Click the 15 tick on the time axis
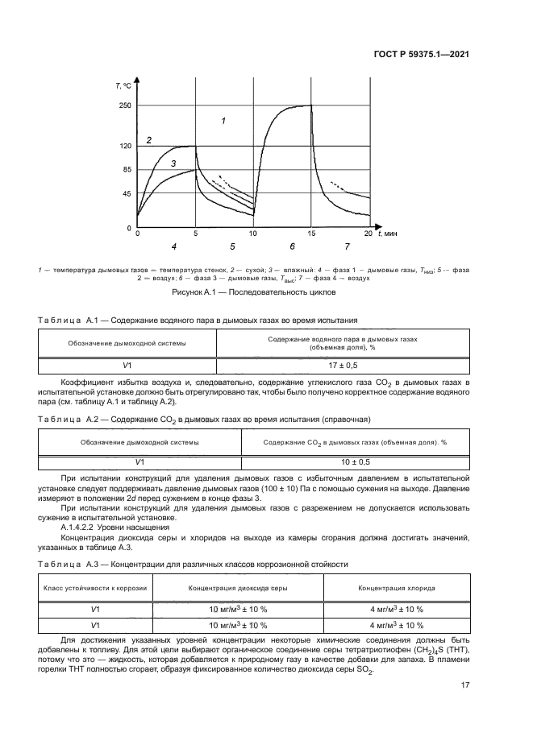[x=310, y=234]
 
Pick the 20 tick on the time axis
[x=369, y=234]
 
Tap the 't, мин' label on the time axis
[x=387, y=234]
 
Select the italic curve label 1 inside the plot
[x=224, y=121]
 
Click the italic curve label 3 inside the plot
[x=173, y=163]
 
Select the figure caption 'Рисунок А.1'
[x=266, y=295]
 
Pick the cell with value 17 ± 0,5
[x=344, y=365]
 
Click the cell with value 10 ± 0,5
[x=355, y=461]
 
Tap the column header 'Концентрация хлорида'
[x=390, y=588]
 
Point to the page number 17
[x=465, y=685]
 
